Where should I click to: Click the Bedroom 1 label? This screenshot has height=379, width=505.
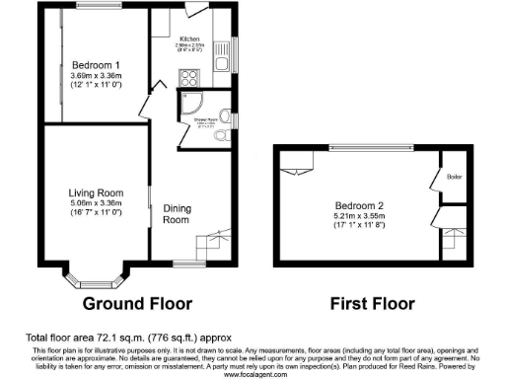pyautogui.click(x=96, y=65)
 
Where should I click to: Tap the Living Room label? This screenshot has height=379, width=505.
pyautogui.click(x=96, y=192)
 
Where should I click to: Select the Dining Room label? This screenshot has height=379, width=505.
pyautogui.click(x=176, y=213)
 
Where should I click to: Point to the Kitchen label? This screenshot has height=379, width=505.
pyautogui.click(x=189, y=38)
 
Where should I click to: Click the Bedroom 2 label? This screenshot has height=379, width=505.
pyautogui.click(x=359, y=207)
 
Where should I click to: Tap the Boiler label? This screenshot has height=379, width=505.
pyautogui.click(x=455, y=177)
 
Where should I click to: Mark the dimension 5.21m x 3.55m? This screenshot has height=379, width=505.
pyautogui.click(x=359, y=218)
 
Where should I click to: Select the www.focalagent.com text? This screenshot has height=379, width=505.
pyautogui.click(x=252, y=375)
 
